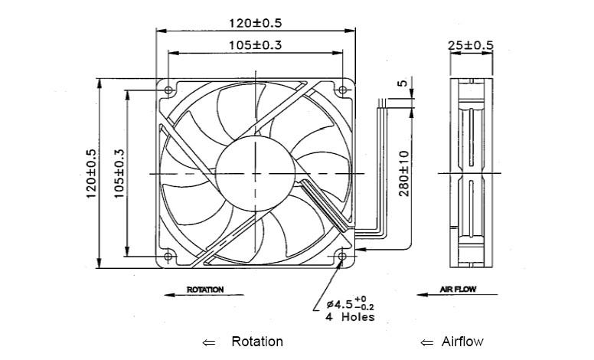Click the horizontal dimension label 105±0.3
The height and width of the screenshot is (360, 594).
point(256,45)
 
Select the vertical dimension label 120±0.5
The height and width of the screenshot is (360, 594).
point(91,174)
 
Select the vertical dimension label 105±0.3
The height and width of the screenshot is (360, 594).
point(119,174)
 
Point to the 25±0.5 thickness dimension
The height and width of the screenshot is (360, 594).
point(470,45)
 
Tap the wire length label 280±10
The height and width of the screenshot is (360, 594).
point(404,172)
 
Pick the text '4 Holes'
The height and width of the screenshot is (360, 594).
point(348,317)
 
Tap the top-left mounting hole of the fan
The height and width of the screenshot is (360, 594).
point(168,90)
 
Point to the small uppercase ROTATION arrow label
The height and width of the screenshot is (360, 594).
point(205,290)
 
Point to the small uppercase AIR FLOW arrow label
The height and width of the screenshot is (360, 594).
point(459,290)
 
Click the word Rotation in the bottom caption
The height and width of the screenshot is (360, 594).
point(256,342)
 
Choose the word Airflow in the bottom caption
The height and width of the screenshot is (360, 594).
point(462,342)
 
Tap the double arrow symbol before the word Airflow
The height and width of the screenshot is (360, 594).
point(426,342)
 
